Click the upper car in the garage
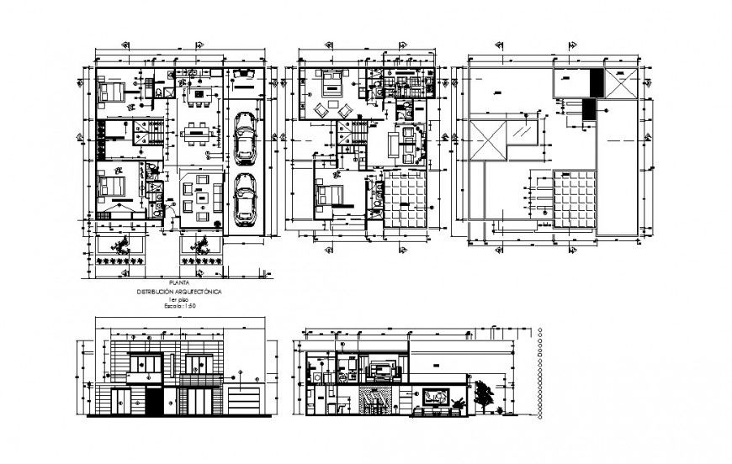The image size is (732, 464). point(246,138)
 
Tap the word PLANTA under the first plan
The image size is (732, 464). point(178,282)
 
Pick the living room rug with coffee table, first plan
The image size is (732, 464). point(202,200)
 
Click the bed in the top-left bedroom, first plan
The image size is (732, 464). point(111,91)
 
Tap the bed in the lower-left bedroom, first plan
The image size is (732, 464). point(111,186)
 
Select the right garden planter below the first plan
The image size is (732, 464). point(199,245)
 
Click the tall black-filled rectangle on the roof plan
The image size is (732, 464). point(596,83)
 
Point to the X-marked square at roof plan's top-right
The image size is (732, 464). point(622,84)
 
